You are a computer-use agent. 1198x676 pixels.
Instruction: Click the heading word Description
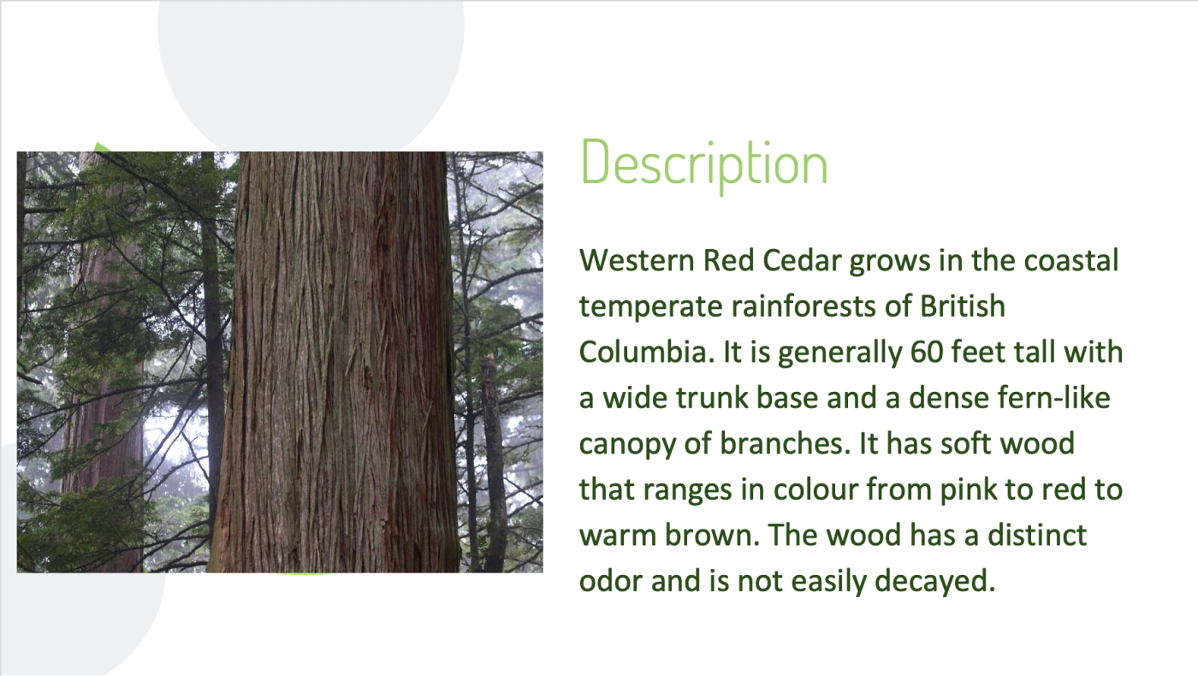pyautogui.click(x=703, y=163)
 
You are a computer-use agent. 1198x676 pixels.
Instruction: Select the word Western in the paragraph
pyautogui.click(x=637, y=260)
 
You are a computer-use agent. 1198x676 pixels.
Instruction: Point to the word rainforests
pyautogui.click(x=804, y=306)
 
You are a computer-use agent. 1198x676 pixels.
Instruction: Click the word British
pyautogui.click(x=962, y=306)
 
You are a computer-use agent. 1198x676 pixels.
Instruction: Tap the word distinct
pyautogui.click(x=1037, y=536)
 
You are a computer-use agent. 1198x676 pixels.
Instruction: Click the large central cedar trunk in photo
pyautogui.click(x=335, y=362)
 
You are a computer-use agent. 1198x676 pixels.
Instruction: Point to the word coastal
pyautogui.click(x=1071, y=260)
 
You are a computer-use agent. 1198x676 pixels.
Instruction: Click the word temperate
pyautogui.click(x=651, y=307)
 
